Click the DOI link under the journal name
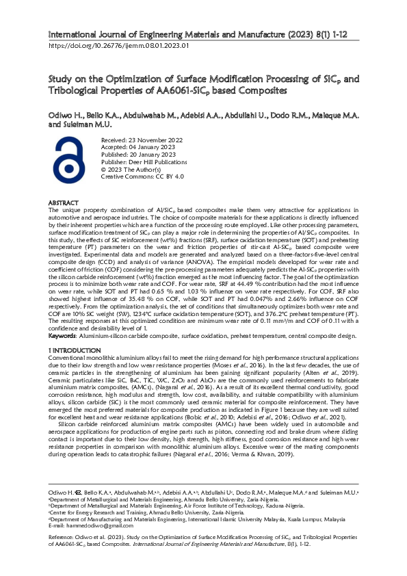(x=118, y=46)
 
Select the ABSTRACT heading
(x=63, y=203)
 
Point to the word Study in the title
(x=60, y=79)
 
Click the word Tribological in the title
(x=79, y=90)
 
